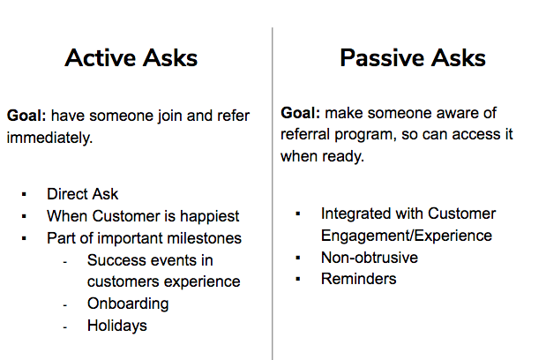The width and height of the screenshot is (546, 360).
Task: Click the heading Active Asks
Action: [x=131, y=58]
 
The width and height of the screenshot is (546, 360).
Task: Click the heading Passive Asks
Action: [x=413, y=58]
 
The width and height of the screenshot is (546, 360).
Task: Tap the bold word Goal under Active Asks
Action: [x=26, y=116]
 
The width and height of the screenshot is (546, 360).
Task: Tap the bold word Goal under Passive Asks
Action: [x=300, y=113]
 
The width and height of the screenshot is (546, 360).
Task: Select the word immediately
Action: [x=49, y=138]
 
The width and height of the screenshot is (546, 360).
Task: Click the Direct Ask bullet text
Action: [x=83, y=194]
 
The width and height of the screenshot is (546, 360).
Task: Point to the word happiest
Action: [x=209, y=216]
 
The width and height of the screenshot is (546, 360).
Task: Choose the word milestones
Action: [x=205, y=238]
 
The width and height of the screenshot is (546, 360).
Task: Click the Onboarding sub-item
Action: [x=128, y=304]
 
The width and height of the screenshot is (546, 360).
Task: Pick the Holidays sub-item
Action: [x=117, y=326]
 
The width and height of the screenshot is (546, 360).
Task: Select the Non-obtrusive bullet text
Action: [x=370, y=258]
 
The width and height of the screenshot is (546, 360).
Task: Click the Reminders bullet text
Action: [x=359, y=279]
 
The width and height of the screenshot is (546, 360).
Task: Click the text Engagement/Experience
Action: [x=407, y=236]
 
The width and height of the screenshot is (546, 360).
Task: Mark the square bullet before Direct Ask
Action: [x=24, y=194]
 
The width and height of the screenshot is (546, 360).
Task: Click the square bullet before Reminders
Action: [x=298, y=279]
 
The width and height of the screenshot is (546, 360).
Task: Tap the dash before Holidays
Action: [x=64, y=327]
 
